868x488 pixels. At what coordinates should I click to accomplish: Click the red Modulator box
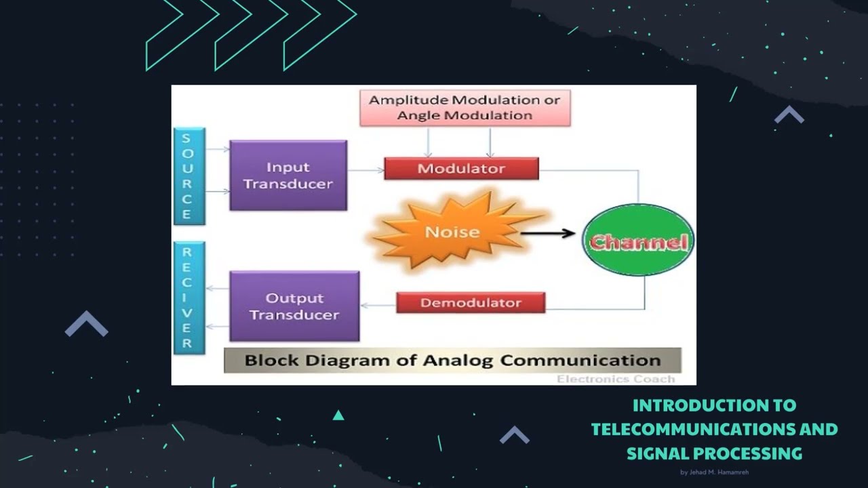point(461,169)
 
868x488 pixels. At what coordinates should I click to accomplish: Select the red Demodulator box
point(471,302)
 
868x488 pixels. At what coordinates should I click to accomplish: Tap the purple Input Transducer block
point(288,176)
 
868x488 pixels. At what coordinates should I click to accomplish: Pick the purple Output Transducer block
point(294,306)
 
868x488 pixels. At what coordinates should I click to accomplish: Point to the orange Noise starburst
point(452,232)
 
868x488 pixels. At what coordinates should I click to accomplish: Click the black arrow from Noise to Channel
point(547,234)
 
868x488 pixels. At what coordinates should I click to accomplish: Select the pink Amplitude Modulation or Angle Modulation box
point(465,108)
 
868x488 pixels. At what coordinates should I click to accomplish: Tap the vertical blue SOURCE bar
point(186,176)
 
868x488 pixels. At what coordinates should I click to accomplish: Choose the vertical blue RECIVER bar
point(186,298)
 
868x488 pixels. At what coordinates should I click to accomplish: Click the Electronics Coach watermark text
point(616,379)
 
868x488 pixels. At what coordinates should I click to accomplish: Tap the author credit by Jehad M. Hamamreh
point(714,472)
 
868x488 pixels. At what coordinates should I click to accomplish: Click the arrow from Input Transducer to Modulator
point(366,170)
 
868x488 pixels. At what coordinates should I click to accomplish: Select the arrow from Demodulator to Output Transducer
point(378,306)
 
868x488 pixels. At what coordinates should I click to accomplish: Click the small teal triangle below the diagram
point(338,415)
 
